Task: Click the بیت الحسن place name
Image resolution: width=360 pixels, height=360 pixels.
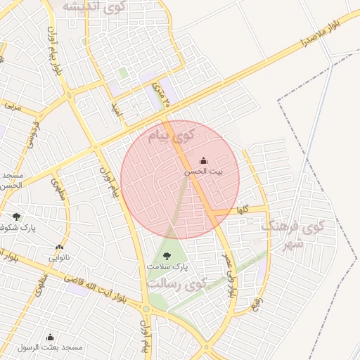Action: [x=204, y=172]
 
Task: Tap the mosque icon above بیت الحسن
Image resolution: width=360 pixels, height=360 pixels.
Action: [x=204, y=161]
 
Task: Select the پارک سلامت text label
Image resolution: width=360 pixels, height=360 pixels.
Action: [x=167, y=268]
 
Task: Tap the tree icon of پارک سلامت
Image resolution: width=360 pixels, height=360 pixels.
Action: [x=167, y=257]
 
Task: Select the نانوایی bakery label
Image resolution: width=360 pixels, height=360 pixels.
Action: [x=58, y=257]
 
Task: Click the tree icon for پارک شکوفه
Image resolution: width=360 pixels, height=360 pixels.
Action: [x=17, y=217]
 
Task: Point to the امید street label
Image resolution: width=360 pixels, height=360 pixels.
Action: [x=116, y=110]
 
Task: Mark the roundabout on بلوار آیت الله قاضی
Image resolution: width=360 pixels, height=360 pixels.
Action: [x=146, y=308]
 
